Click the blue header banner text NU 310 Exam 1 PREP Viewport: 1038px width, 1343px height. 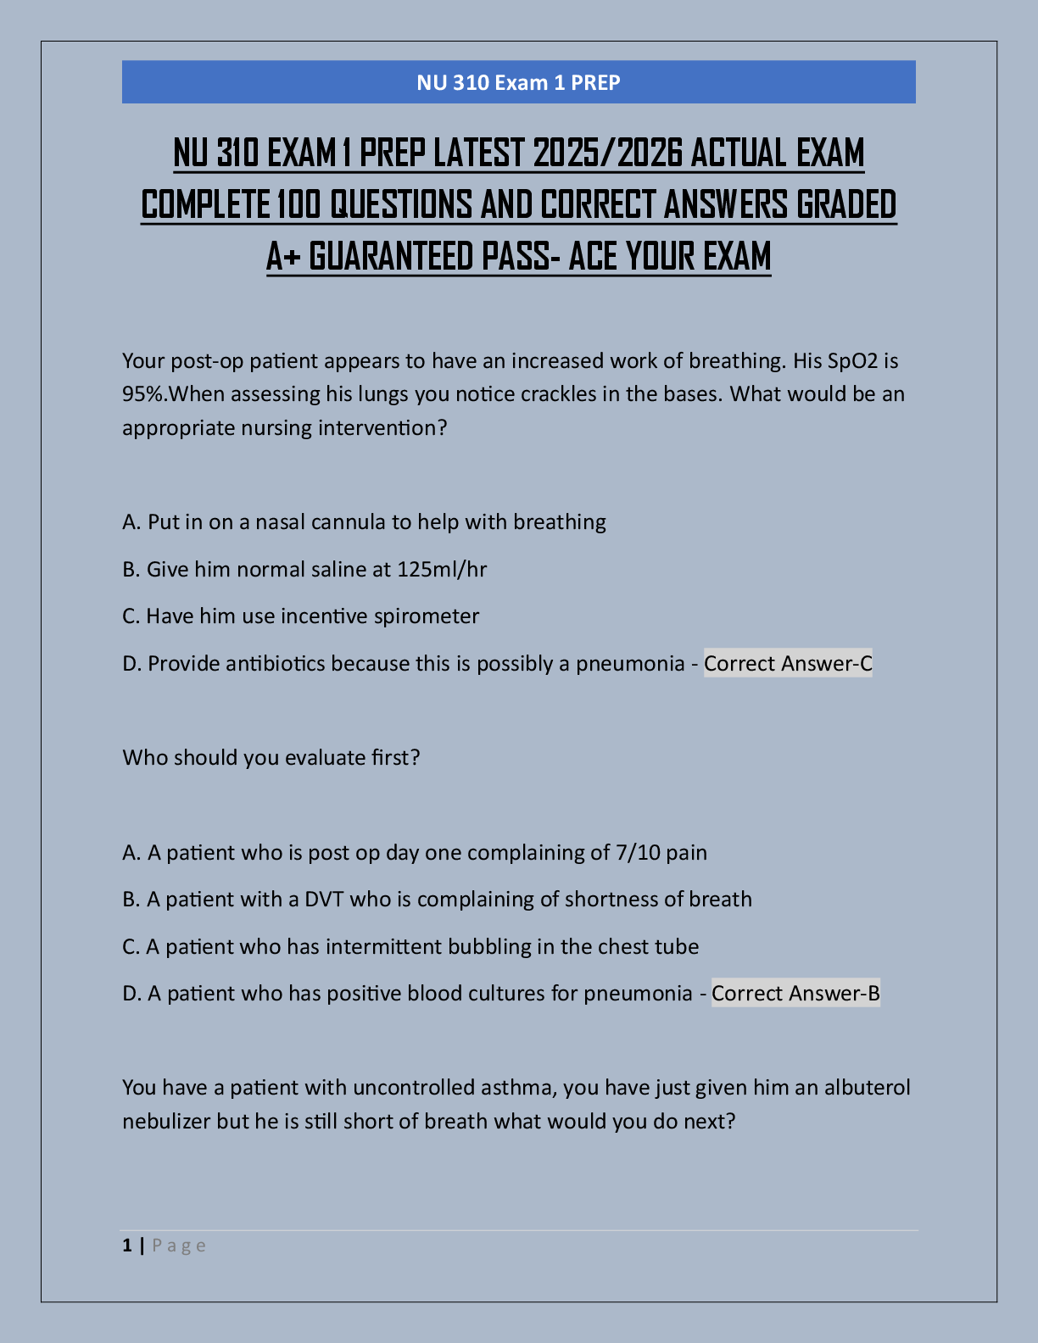click(518, 82)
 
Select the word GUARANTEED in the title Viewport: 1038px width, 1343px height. click(392, 257)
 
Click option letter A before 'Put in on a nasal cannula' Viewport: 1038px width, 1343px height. click(130, 522)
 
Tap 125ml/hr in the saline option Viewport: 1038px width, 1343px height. click(442, 569)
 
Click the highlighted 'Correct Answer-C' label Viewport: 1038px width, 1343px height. click(788, 663)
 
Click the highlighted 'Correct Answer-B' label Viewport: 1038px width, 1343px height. click(795, 993)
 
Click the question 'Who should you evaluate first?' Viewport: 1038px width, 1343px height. click(271, 757)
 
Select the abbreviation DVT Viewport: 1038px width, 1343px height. click(324, 899)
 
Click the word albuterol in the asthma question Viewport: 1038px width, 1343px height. click(867, 1087)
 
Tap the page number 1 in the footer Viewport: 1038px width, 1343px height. click(127, 1245)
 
